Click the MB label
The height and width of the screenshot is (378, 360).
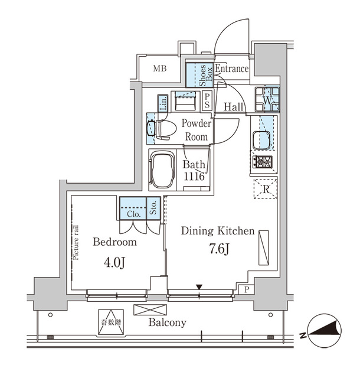[160, 69]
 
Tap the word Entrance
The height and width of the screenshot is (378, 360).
[231, 69]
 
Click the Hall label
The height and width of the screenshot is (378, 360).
[234, 106]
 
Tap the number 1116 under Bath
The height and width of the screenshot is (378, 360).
[194, 177]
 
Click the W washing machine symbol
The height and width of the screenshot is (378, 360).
[267, 101]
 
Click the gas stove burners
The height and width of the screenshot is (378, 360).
[261, 161]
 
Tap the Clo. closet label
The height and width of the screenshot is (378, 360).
[133, 213]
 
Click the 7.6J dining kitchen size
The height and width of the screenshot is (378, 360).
[218, 249]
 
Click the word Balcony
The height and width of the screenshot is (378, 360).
[167, 322]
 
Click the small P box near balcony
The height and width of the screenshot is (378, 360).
[246, 289]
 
